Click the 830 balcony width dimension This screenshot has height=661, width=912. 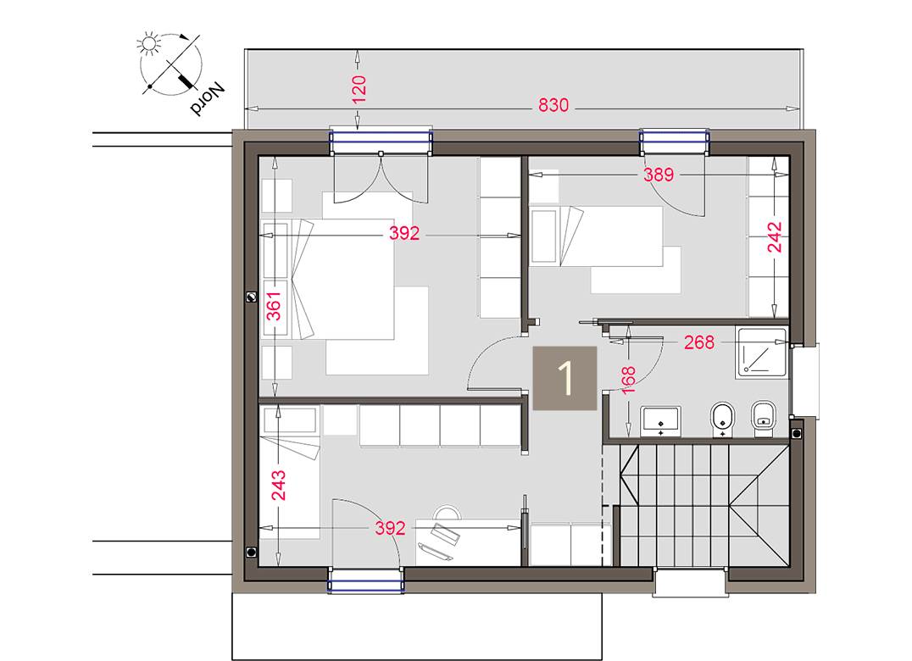(553, 107)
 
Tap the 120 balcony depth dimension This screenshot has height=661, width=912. (358, 89)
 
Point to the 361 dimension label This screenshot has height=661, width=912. (274, 310)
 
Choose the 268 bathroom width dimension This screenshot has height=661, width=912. (698, 342)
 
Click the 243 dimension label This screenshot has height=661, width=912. (279, 486)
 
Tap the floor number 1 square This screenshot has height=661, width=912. (564, 379)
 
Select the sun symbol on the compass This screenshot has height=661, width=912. (151, 42)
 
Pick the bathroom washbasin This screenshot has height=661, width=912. (662, 419)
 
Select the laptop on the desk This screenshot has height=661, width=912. (443, 538)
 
